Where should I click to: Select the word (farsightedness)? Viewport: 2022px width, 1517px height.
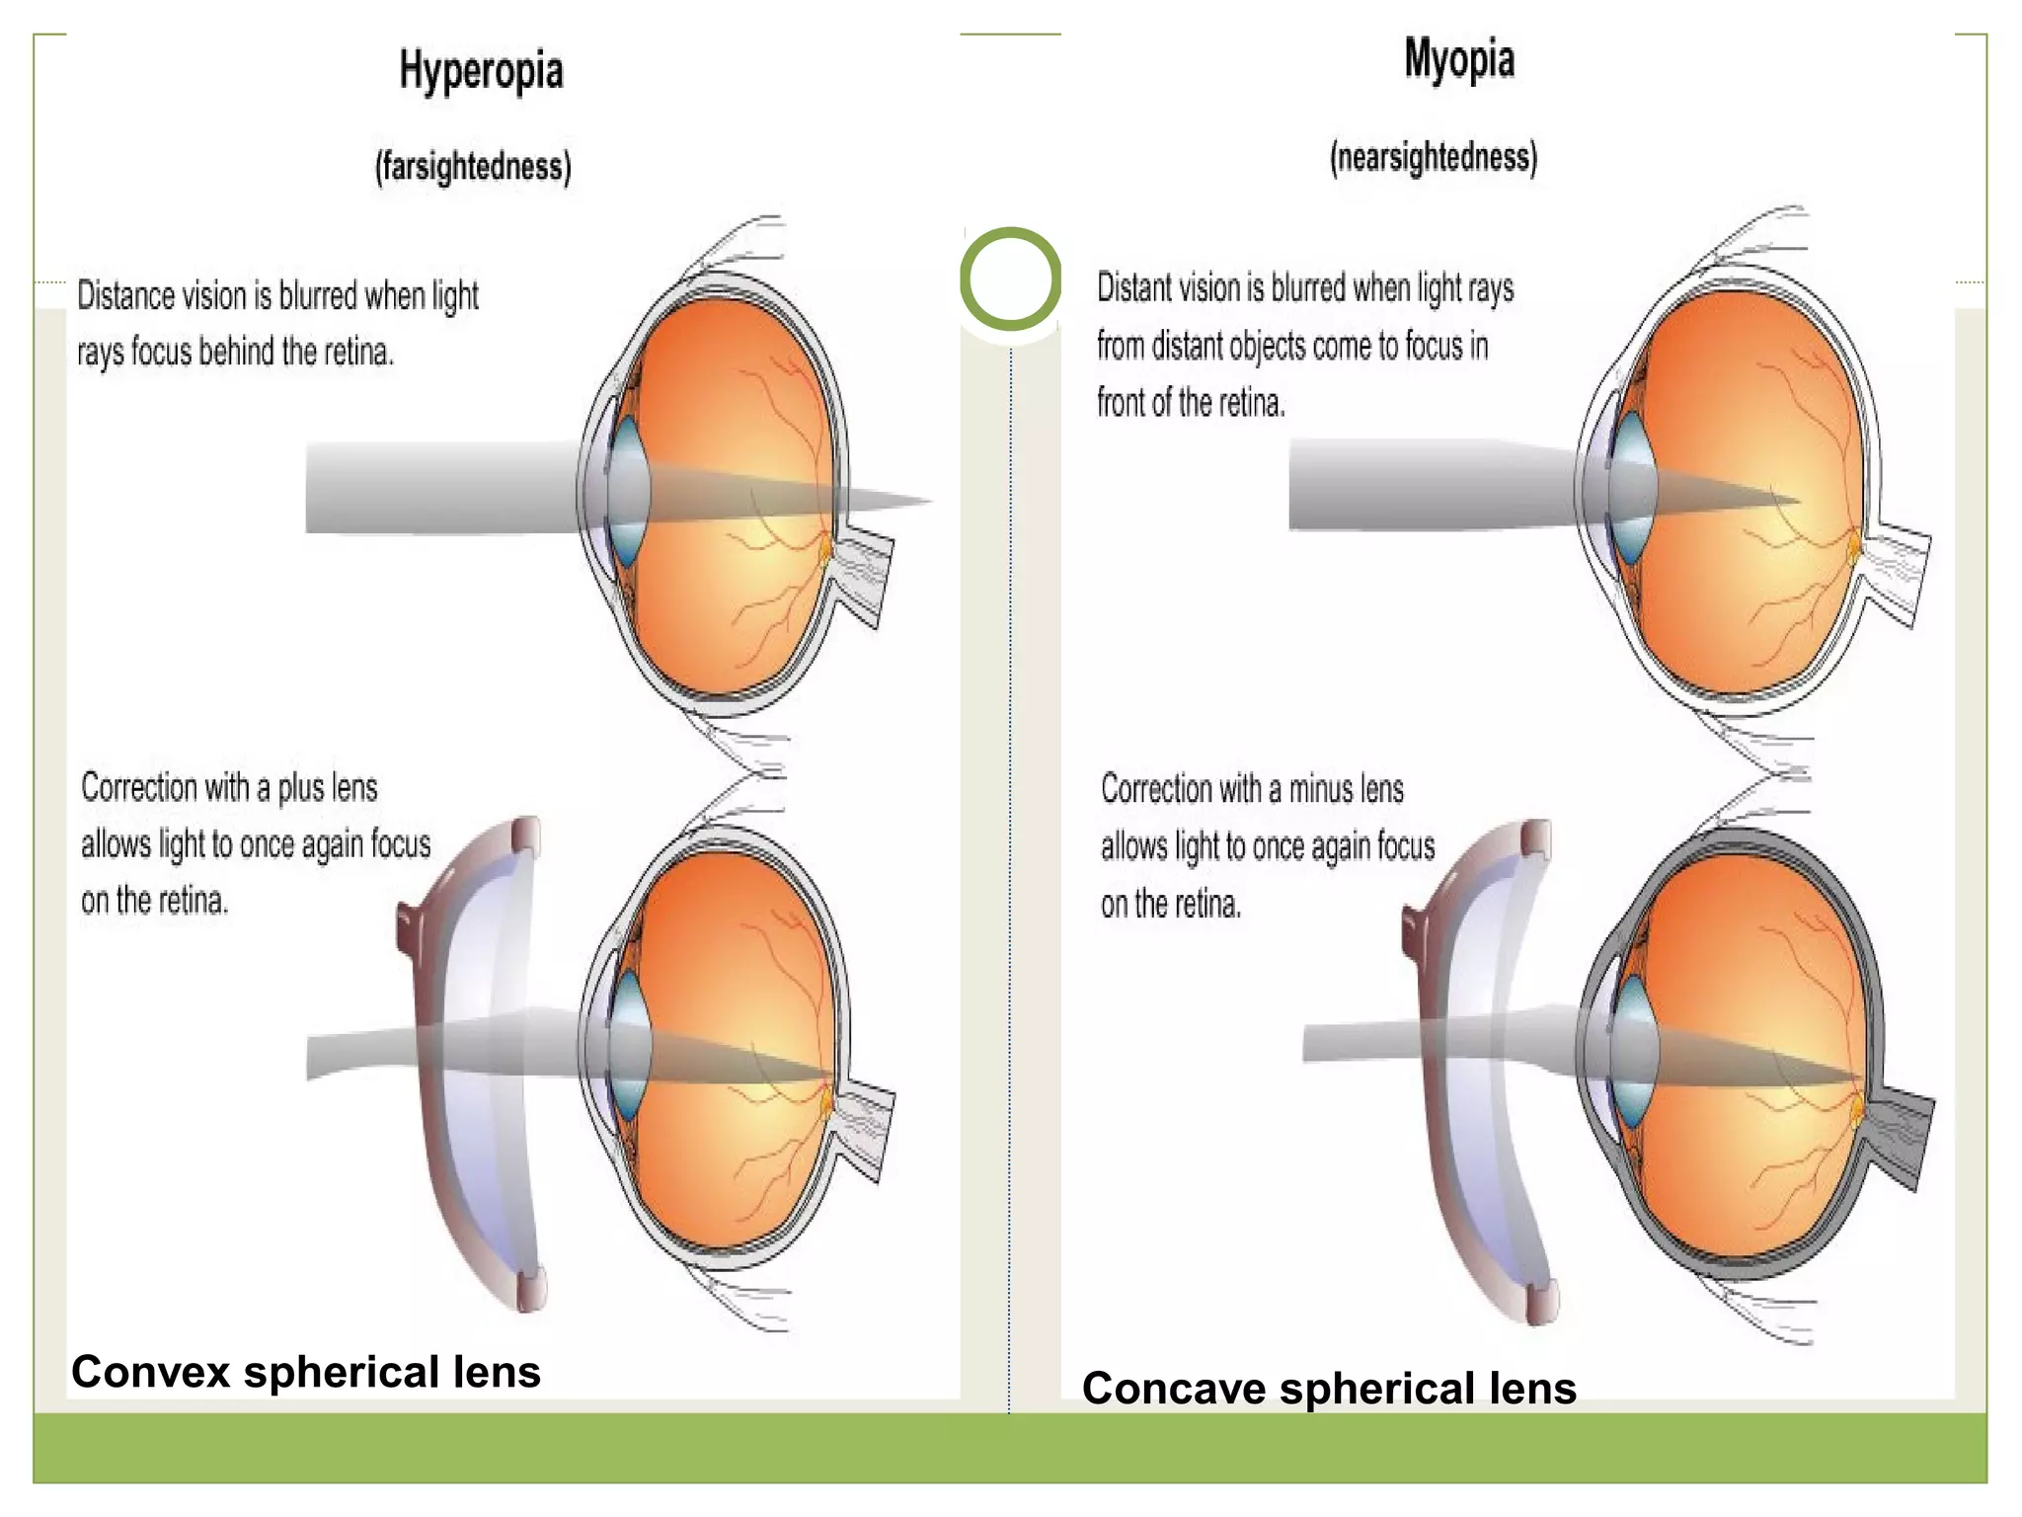pos(473,166)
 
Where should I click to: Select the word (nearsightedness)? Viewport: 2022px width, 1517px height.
pos(1433,158)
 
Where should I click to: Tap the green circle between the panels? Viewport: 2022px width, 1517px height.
pos(1010,279)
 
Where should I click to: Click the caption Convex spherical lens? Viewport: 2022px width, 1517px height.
pos(306,1372)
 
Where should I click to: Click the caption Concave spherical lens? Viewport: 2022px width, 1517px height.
pos(1329,1388)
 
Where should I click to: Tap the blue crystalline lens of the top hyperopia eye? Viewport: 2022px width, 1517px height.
pos(627,490)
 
